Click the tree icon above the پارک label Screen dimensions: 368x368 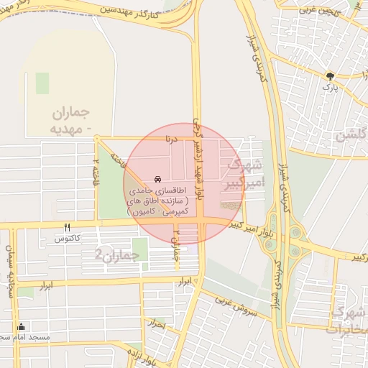pyautogui.click(x=330, y=75)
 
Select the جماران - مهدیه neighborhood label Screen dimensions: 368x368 pyautogui.click(x=73, y=121)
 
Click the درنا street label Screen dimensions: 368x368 pyautogui.click(x=170, y=137)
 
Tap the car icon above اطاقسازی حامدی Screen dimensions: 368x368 pyautogui.click(x=157, y=180)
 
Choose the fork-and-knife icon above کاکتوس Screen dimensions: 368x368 pyautogui.click(x=67, y=226)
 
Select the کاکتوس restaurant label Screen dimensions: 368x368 pyautogui.click(x=67, y=238)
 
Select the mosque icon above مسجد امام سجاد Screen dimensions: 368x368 pyautogui.click(x=21, y=326)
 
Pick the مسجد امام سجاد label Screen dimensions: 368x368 pyautogui.click(x=25, y=337)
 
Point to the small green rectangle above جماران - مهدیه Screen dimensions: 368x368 pyautogui.click(x=42, y=83)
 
